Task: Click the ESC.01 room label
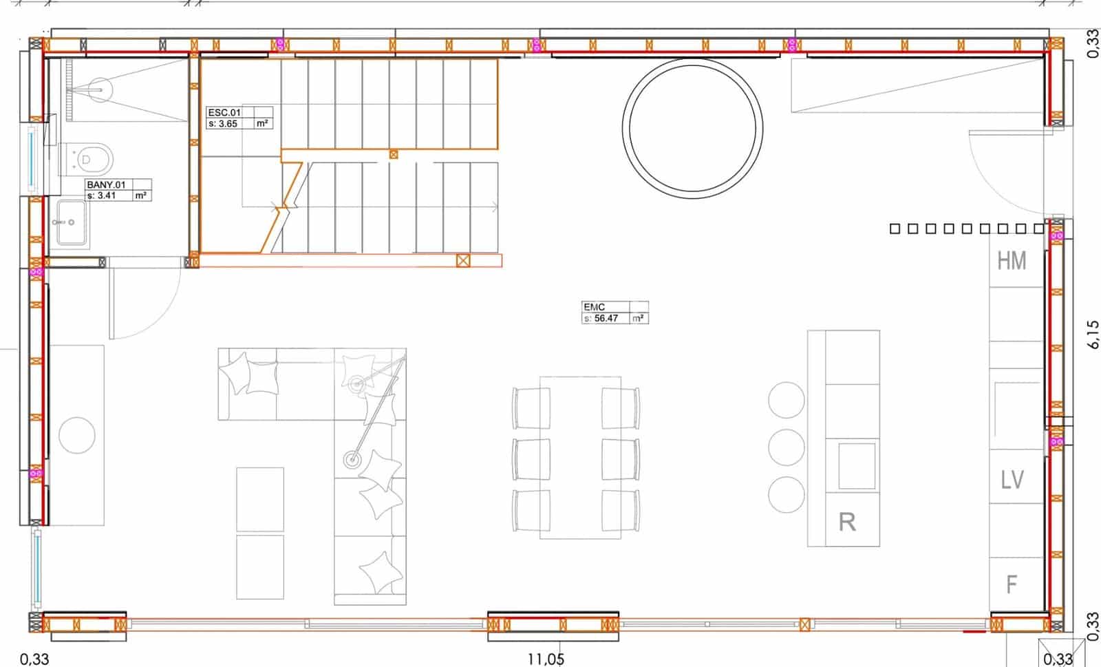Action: tap(224, 112)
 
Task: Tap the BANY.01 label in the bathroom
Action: tap(105, 184)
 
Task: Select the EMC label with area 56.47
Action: tap(594, 307)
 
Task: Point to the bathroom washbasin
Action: tap(72, 222)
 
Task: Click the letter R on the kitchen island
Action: tap(847, 522)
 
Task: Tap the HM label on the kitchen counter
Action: tap(1012, 261)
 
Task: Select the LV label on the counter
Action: tap(1012, 480)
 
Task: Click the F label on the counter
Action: tap(1012, 585)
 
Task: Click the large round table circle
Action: tap(693, 128)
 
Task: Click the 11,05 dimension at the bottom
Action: tap(546, 659)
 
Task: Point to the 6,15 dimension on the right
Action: tap(1093, 335)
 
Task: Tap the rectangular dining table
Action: tap(580, 456)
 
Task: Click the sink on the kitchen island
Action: tap(857, 466)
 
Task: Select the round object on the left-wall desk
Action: tap(77, 435)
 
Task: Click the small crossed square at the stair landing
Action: tap(394, 154)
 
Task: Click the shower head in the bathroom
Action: tap(100, 89)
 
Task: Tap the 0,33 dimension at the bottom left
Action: tap(34, 659)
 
